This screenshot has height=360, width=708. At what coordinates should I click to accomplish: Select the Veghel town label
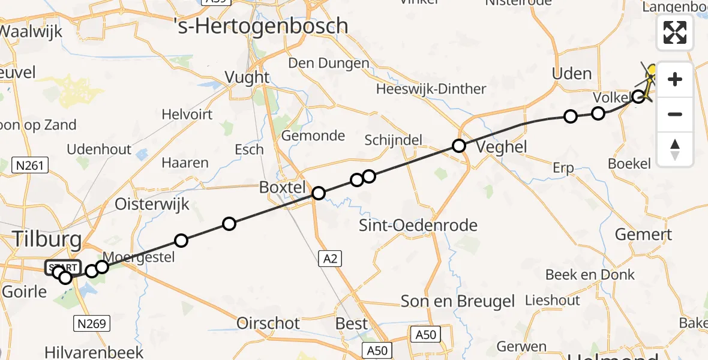point(500,146)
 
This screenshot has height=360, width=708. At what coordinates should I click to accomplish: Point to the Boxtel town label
point(282,187)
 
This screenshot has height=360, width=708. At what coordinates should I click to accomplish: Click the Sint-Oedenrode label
point(418,226)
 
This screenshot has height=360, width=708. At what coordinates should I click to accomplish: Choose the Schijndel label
point(394,140)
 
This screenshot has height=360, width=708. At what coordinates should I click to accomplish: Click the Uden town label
point(571,74)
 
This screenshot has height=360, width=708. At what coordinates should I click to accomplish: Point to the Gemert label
point(643,235)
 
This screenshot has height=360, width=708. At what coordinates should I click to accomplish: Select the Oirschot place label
point(268,323)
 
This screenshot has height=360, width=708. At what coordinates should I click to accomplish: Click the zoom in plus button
point(675,79)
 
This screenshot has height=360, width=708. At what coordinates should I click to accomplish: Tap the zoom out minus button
point(675,114)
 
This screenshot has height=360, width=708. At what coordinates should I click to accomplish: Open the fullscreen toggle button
point(675,32)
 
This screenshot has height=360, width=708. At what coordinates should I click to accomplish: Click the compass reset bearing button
point(675,149)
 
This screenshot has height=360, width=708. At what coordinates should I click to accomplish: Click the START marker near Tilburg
point(62,268)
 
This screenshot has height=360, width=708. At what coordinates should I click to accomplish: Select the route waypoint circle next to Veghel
point(459,145)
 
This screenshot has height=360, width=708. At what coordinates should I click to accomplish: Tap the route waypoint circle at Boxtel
point(319,193)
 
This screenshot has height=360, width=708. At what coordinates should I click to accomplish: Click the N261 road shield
point(30,166)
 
